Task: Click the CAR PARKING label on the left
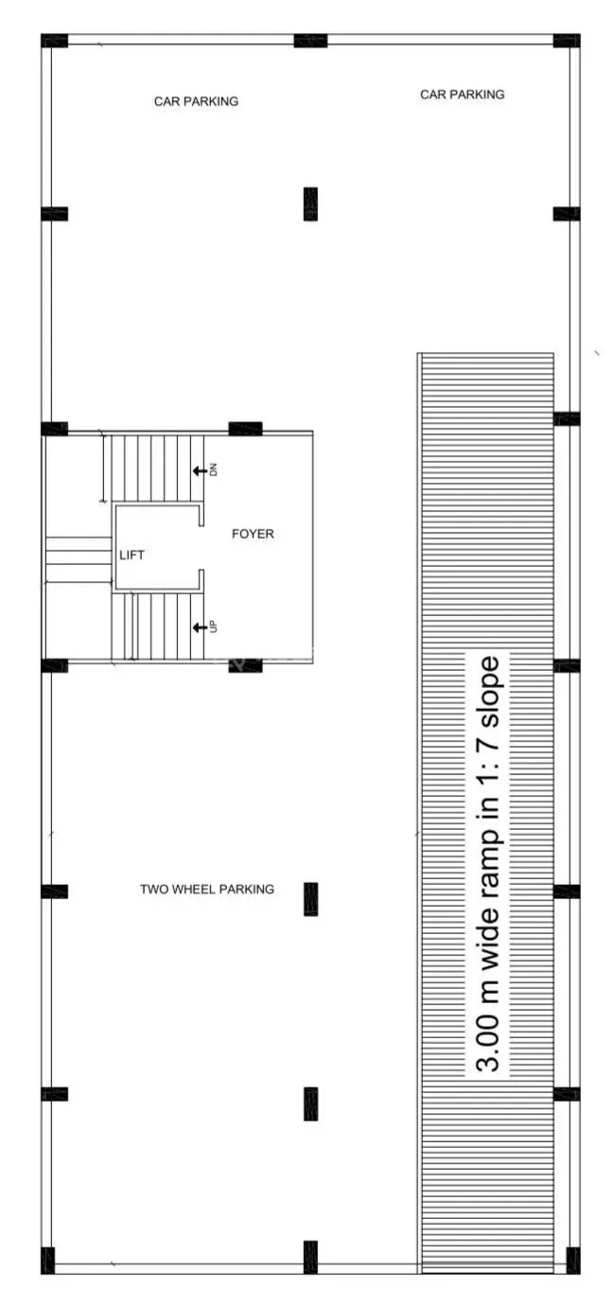[x=196, y=101]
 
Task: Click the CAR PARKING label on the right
[x=463, y=95]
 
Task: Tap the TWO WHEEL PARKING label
[x=207, y=890]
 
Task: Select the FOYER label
[x=253, y=534]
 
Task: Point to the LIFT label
[x=132, y=555]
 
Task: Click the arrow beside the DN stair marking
[x=200, y=470]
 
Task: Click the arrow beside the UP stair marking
[x=200, y=627]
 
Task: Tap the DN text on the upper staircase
[x=213, y=470]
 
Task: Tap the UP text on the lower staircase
[x=213, y=627]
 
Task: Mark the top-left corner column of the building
[x=54, y=41]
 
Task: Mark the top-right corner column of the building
[x=567, y=41]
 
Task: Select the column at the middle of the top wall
[x=310, y=41]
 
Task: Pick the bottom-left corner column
[x=48, y=1262]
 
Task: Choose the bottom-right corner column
[x=573, y=1262]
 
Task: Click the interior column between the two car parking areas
[x=310, y=203]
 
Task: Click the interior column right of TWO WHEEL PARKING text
[x=310, y=899]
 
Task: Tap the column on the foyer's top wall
[x=245, y=429]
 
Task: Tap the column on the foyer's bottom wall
[x=245, y=665]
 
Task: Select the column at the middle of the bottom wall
[x=310, y=1258]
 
